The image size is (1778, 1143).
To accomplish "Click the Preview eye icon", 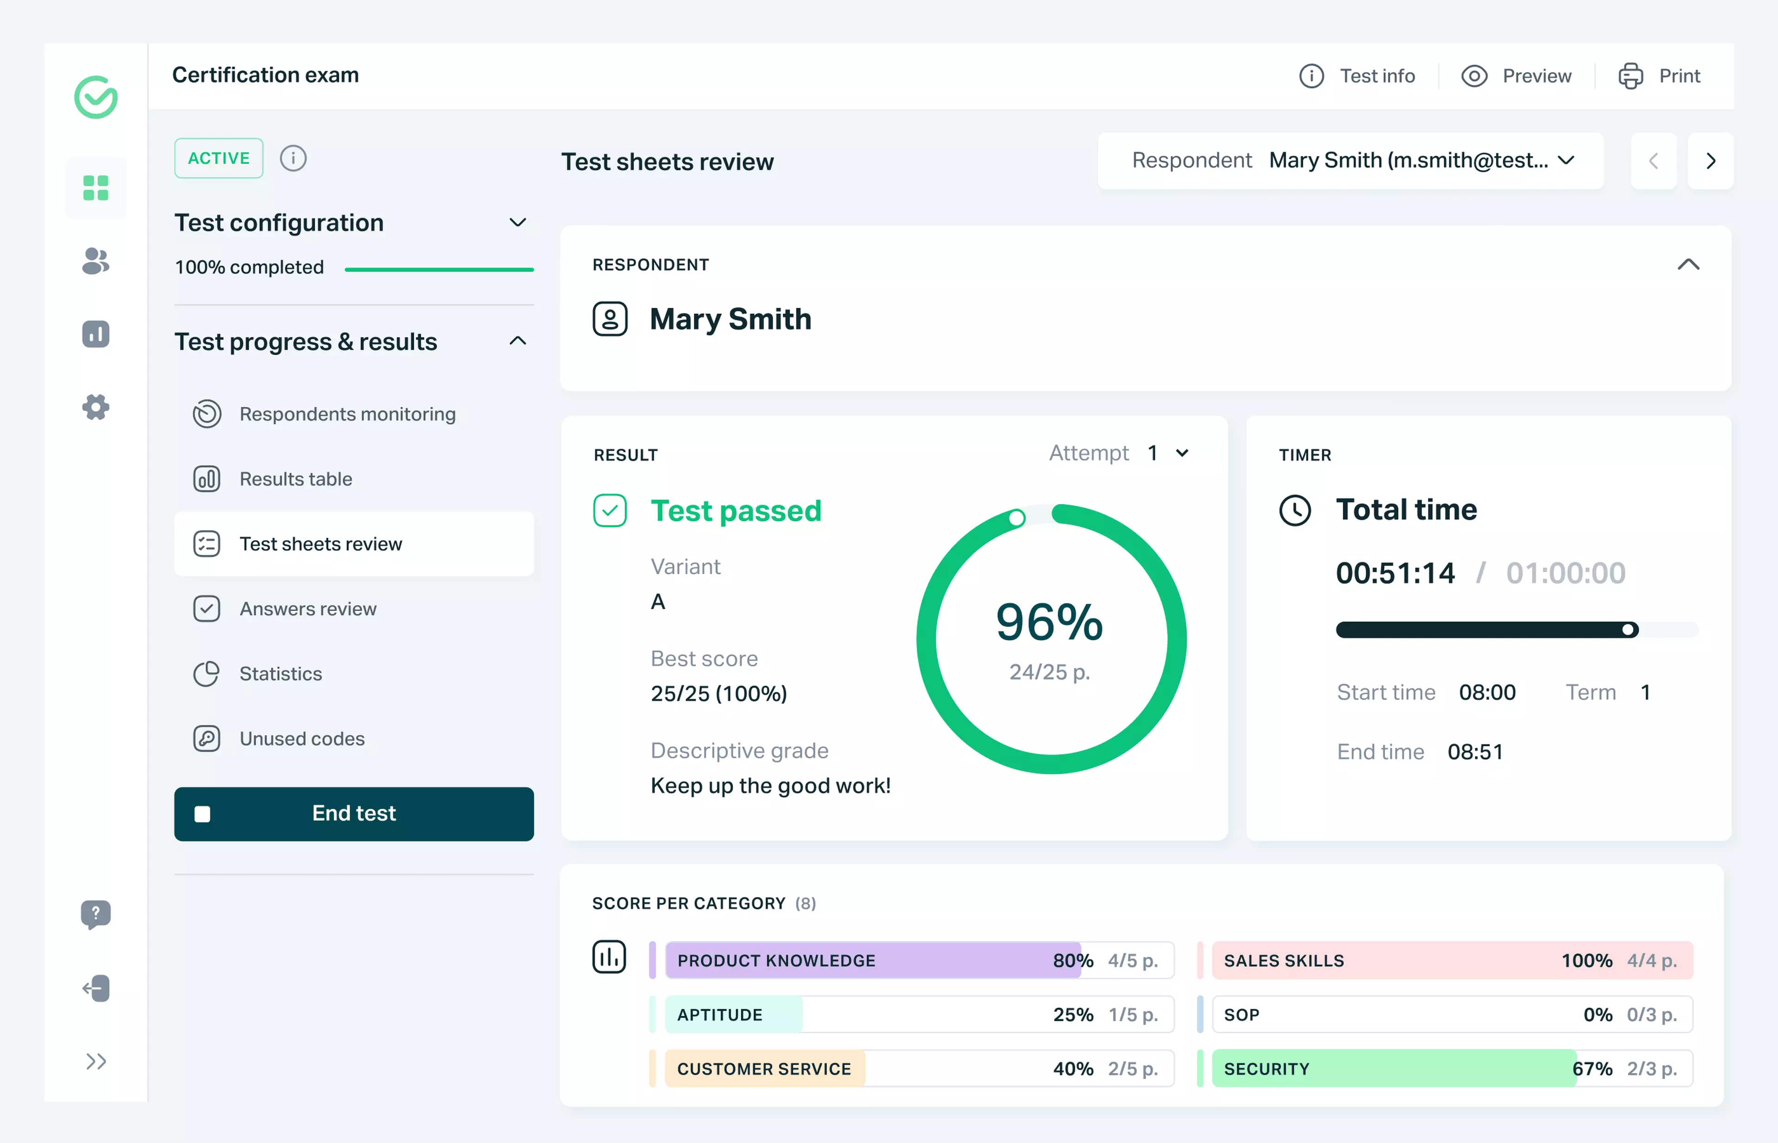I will click(1474, 76).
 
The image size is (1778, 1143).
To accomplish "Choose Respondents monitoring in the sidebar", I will click(347, 414).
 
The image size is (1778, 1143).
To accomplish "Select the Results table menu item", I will click(295, 479).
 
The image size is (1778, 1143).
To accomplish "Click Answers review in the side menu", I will click(307, 609).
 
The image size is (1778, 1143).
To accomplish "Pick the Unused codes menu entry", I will click(301, 738).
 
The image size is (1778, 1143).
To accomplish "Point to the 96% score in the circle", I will click(1049, 622).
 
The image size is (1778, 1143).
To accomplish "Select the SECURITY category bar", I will click(1393, 1069).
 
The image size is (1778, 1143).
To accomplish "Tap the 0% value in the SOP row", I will click(1597, 1015).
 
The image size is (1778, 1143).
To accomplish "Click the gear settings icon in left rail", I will click(96, 407).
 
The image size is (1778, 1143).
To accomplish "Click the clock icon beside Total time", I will click(1295, 511).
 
